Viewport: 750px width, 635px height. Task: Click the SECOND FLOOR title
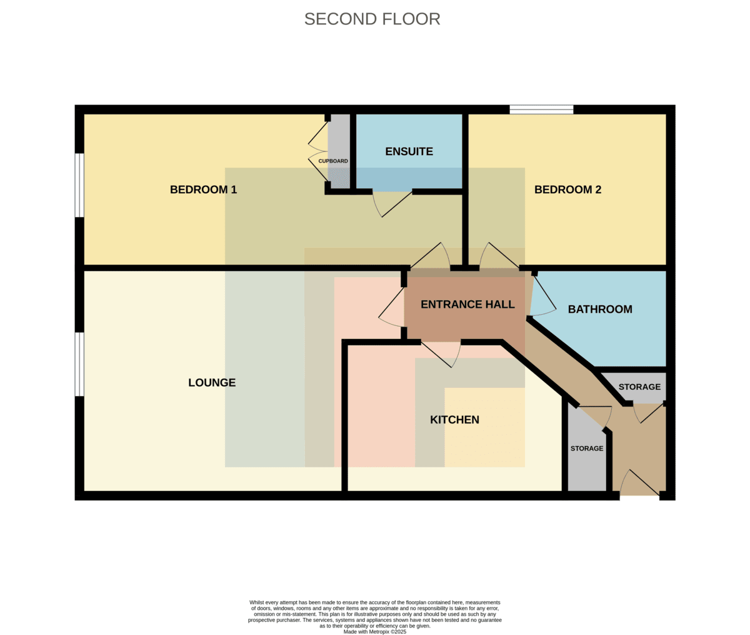click(x=372, y=19)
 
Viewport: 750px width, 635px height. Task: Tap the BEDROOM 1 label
click(x=203, y=190)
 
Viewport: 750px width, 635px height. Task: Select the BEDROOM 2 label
click(x=568, y=190)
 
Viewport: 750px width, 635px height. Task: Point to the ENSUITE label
click(x=409, y=151)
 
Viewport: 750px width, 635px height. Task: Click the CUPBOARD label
click(x=333, y=161)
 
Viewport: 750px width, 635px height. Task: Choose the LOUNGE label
click(x=212, y=382)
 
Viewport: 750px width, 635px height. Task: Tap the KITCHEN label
click(x=454, y=420)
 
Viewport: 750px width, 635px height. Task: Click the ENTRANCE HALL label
click(x=467, y=305)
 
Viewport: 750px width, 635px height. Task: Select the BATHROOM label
click(x=600, y=309)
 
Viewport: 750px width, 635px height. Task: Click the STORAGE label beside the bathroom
click(x=640, y=387)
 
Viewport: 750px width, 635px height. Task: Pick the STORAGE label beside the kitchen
click(x=587, y=449)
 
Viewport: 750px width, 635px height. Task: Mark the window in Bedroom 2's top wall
click(x=541, y=109)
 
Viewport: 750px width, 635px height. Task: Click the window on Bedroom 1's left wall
click(x=79, y=185)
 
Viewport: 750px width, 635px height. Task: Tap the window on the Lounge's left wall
click(x=79, y=364)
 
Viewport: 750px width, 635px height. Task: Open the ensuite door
click(x=392, y=203)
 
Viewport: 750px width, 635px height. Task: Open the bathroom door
click(x=543, y=296)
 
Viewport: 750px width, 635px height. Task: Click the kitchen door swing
click(x=441, y=354)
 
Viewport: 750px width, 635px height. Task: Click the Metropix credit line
click(x=375, y=632)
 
